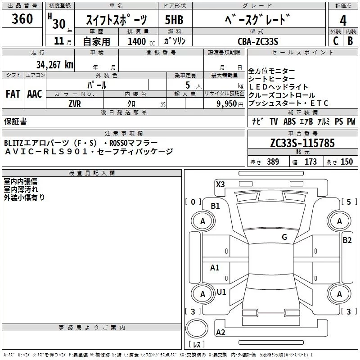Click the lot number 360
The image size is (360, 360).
pos(22,19)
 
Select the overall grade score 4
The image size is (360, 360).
pos(343,21)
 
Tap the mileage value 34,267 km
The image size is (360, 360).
pos(54,64)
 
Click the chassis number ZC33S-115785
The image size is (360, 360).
pos(302,143)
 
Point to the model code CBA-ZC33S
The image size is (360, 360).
pos(258,41)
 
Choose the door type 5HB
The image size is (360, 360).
pos(174,20)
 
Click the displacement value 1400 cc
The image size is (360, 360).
pos(141,41)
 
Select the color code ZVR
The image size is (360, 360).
pos(75,104)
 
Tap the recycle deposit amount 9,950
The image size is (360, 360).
pos(227,104)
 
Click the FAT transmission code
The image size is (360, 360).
pos(13,94)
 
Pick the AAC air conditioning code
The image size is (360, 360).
pos(35,94)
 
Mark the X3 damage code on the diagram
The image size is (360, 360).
pos(220,184)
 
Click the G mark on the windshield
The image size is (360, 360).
pos(284,237)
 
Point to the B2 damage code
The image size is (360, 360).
pos(347,240)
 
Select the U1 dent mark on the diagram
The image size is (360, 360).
pos(221,292)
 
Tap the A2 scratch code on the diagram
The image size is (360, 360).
pos(220,332)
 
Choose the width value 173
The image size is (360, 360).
pos(310,162)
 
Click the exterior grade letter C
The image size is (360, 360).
pos(336,41)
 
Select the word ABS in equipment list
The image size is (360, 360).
pos(289,121)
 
